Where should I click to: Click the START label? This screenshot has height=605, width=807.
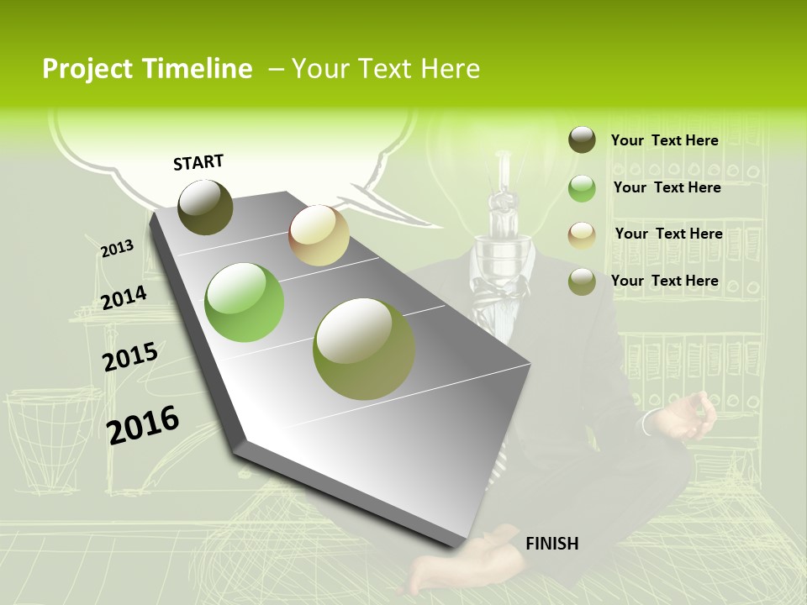pyautogui.click(x=198, y=162)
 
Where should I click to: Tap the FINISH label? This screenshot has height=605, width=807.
pyautogui.click(x=551, y=544)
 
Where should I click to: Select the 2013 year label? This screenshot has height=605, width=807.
pyautogui.click(x=117, y=249)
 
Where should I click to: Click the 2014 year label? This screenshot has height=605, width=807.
pyautogui.click(x=124, y=297)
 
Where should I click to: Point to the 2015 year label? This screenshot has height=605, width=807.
pyautogui.click(x=130, y=356)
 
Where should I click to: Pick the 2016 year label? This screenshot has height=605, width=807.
pyautogui.click(x=143, y=425)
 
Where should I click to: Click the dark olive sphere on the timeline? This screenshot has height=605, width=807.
pyautogui.click(x=205, y=207)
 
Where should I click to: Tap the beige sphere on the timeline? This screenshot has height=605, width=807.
pyautogui.click(x=319, y=235)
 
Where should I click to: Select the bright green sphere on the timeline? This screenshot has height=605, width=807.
pyautogui.click(x=245, y=302)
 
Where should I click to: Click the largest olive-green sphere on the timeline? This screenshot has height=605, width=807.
pyautogui.click(x=364, y=349)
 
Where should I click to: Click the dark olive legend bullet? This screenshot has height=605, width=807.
pyautogui.click(x=582, y=140)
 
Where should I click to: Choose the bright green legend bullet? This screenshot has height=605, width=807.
pyautogui.click(x=582, y=188)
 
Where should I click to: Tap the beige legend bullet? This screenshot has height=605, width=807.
pyautogui.click(x=582, y=235)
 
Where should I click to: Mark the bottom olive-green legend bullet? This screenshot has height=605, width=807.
pyautogui.click(x=582, y=281)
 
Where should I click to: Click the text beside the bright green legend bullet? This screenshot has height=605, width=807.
pyautogui.click(x=667, y=187)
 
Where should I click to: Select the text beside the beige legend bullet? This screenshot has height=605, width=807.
pyautogui.click(x=668, y=234)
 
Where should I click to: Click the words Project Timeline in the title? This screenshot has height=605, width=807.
pyautogui.click(x=147, y=69)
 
